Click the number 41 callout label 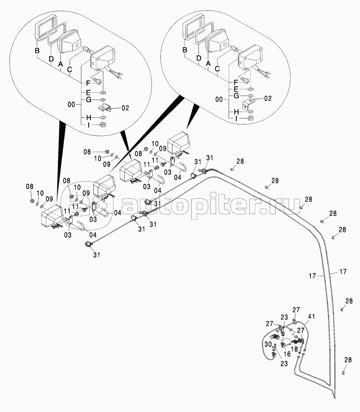pyautogui.click(x=312, y=316)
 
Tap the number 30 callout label pyautogui.click(x=268, y=345)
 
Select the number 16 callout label pyautogui.click(x=287, y=354)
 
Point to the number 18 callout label pyautogui.click(x=294, y=349)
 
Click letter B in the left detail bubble pyautogui.click(x=37, y=51)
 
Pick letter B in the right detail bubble pyautogui.click(x=185, y=50)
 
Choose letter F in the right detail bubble pyautogui.click(x=235, y=82)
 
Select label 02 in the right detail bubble pyautogui.click(x=268, y=98)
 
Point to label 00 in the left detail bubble pyautogui.click(x=71, y=104)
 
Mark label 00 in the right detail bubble pyautogui.click(x=219, y=99)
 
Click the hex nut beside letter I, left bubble pyautogui.click(x=103, y=125)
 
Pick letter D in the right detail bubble pyautogui.click(x=199, y=58)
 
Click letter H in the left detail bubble pyautogui.click(x=88, y=118)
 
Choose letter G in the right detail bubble pyautogui.click(x=236, y=96)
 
